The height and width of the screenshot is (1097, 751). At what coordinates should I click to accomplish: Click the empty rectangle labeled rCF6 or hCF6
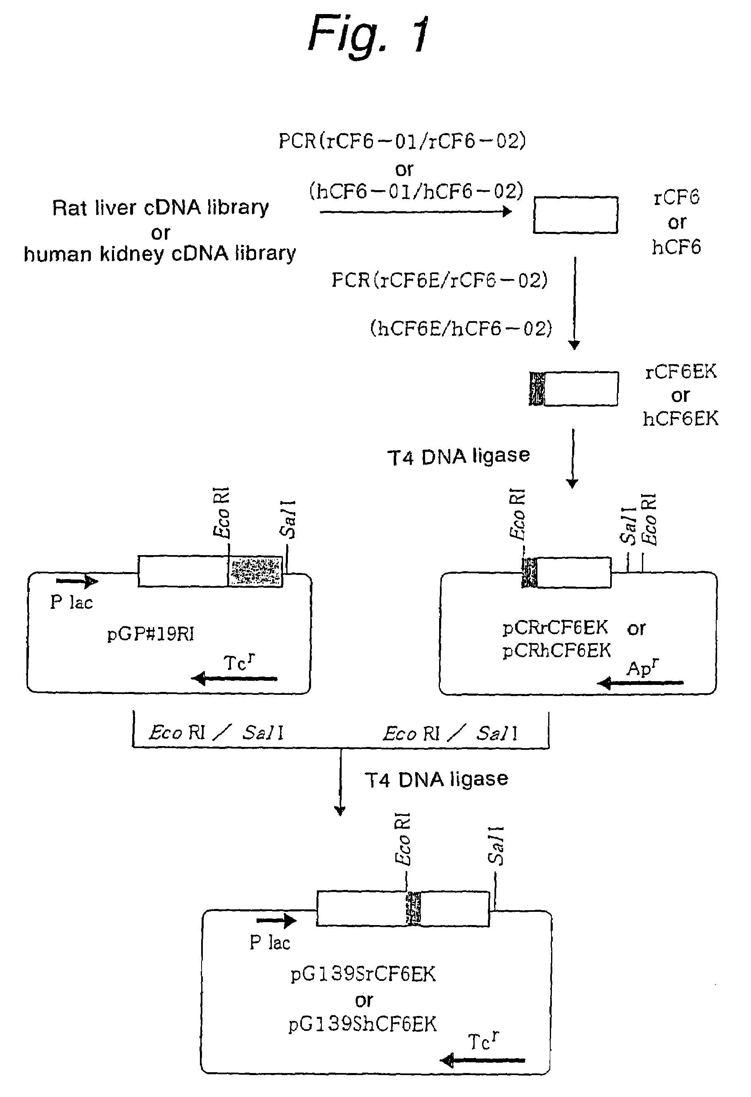tap(575, 215)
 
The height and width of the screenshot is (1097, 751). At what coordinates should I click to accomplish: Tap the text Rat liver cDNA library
tap(160, 207)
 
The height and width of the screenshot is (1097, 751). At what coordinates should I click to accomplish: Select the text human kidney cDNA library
tap(160, 254)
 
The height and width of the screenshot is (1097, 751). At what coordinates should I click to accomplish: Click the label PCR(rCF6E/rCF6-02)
tap(440, 280)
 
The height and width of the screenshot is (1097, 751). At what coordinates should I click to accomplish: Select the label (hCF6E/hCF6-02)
tap(461, 329)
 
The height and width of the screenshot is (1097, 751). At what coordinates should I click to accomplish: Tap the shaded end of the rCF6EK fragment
tap(537, 389)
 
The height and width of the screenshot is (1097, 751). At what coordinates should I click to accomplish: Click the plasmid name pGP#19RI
tap(150, 634)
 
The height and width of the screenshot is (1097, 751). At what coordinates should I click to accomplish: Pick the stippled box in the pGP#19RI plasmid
tap(255, 571)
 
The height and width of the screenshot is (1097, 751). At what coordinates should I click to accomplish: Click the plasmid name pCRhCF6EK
tap(557, 651)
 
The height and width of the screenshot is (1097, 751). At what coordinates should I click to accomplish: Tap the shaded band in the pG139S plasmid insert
tap(413, 909)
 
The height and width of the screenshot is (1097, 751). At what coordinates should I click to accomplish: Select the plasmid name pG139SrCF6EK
tap(363, 974)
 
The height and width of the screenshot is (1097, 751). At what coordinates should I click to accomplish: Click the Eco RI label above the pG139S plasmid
tap(402, 839)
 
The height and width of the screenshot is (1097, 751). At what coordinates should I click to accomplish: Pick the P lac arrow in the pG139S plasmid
tap(276, 920)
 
